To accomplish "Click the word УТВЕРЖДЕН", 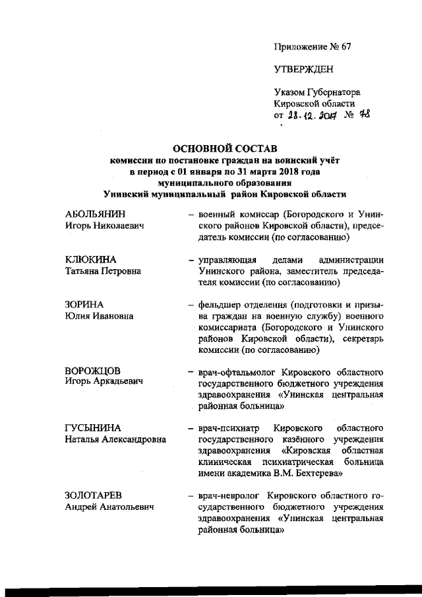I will (x=304, y=69).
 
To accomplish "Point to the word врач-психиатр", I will (x=227, y=428).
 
